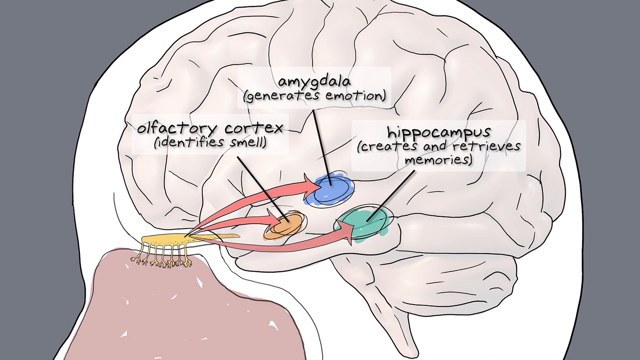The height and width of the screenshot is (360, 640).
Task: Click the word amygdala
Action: [x=314, y=83]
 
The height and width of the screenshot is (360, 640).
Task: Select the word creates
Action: [x=384, y=146]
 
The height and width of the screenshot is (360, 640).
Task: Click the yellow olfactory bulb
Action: [x=167, y=241]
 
